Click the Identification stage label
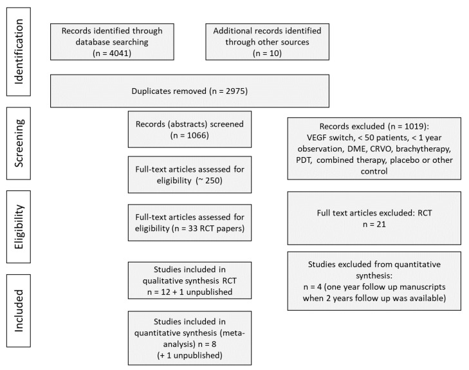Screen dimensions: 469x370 (x=19, y=51)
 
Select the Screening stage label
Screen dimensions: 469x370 (x=19, y=143)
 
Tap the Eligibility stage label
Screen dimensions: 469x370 (x=19, y=227)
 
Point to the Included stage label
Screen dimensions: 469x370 (x=19, y=311)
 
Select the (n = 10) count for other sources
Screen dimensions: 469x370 (x=267, y=53)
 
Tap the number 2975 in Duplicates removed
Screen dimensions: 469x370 (x=235, y=91)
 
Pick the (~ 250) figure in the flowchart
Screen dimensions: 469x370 (x=209, y=180)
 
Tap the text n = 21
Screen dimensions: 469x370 (x=374, y=224)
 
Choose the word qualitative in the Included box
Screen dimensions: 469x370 (x=160, y=281)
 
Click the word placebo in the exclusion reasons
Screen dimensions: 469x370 (x=405, y=160)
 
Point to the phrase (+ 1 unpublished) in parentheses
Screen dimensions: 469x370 (x=190, y=355)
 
